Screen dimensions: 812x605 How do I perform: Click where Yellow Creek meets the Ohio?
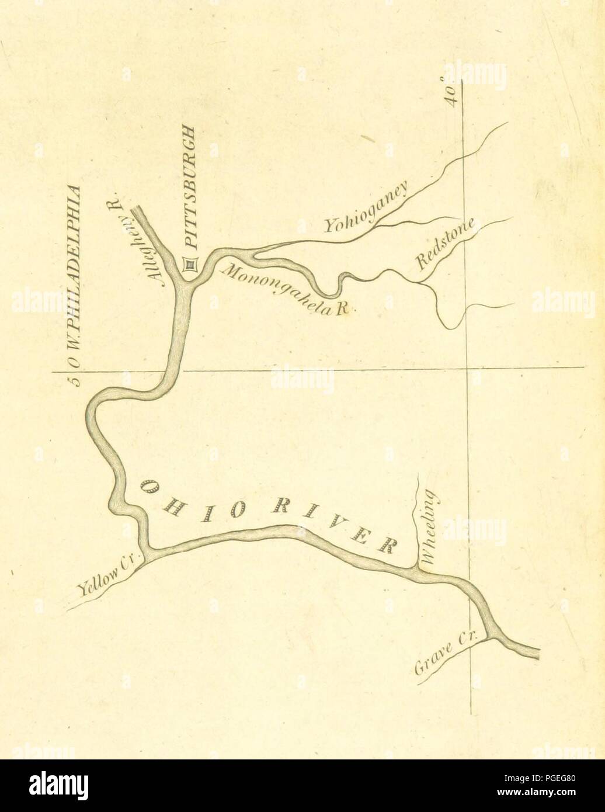pyautogui.click(x=149, y=553)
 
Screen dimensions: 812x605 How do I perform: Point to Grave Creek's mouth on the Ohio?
pyautogui.click(x=489, y=634)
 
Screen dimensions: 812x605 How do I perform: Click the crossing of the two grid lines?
pyautogui.click(x=467, y=368)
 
